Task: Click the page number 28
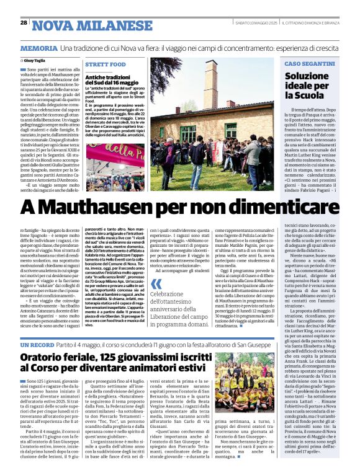24,22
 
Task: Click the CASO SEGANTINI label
309,64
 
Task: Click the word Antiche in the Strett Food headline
97,76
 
